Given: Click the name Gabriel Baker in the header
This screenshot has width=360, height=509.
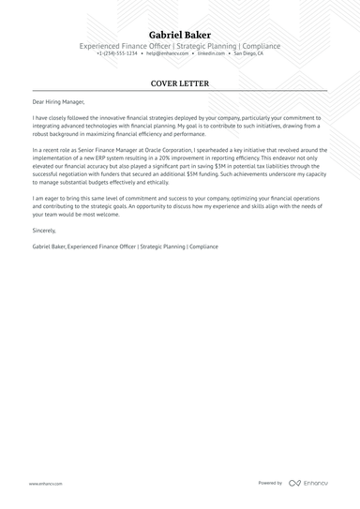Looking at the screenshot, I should coord(180,34).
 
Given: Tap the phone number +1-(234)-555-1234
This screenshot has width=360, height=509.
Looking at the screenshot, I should coord(117,54).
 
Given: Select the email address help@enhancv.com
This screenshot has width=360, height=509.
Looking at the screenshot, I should coord(165,54).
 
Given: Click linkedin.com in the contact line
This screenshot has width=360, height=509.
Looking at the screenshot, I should coord(210,54).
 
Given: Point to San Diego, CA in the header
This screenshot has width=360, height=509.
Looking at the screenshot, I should coord(249,54).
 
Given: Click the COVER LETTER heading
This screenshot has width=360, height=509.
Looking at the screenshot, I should coord(180,83).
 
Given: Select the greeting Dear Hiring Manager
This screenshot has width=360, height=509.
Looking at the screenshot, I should coord(58,102).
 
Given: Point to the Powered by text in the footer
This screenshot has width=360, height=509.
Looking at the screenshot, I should coord(270,484).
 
